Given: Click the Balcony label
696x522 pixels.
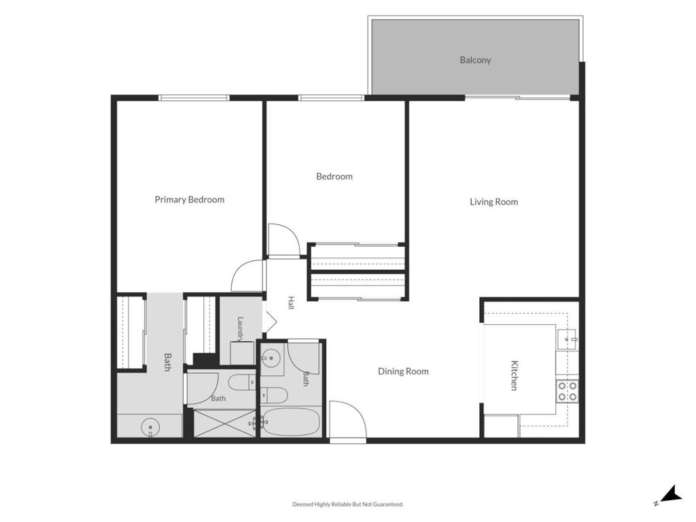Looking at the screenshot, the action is point(475,60).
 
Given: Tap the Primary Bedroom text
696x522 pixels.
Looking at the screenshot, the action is point(190,200).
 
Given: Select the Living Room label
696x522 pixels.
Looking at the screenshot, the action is point(493,202).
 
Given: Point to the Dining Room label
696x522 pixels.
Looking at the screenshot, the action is point(403,371).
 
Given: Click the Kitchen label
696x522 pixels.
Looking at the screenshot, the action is point(514,375).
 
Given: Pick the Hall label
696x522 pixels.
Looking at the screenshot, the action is point(291,302).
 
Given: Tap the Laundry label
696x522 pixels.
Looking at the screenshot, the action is point(241,328).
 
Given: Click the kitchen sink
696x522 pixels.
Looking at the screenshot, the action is point(568,340).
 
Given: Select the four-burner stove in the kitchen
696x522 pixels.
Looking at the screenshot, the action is point(568,391).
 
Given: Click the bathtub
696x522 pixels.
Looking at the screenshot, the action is point(291,422).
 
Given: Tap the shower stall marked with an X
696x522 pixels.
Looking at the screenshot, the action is point(225,423).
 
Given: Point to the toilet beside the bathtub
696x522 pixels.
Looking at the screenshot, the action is point(274,394).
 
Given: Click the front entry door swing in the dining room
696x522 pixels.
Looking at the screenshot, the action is point(347,419).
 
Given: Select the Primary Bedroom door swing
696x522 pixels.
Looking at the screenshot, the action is point(247,276).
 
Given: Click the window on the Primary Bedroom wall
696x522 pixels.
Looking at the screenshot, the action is point(194,98).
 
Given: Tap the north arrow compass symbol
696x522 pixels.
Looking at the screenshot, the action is point(669,495).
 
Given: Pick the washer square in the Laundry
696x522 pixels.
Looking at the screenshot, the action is point(242,353).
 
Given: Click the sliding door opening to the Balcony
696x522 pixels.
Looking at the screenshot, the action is point(517,98).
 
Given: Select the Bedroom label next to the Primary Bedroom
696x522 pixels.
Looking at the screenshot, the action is point(334,177).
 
